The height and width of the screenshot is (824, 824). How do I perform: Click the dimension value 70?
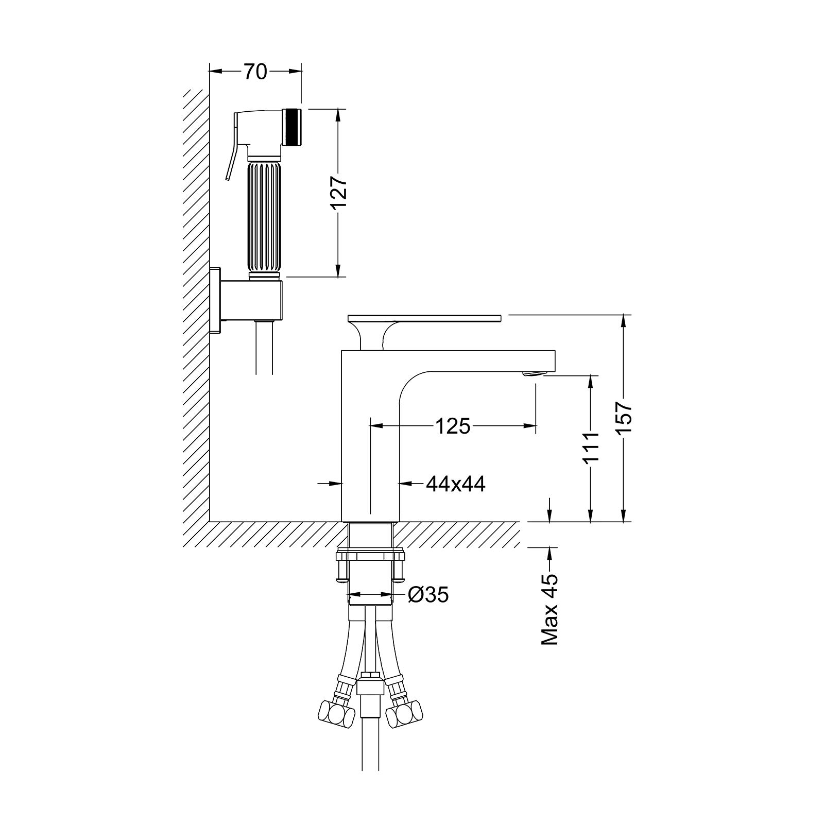point(255,72)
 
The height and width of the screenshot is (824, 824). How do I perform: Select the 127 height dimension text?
point(339,193)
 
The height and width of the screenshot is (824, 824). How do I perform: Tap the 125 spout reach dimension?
point(453,426)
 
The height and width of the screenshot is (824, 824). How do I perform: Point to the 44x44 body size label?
point(456,484)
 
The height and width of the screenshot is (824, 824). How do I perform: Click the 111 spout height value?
point(592,447)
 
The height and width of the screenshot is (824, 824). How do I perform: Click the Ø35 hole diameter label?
point(428,595)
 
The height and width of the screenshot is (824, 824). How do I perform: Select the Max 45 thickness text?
point(550,610)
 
